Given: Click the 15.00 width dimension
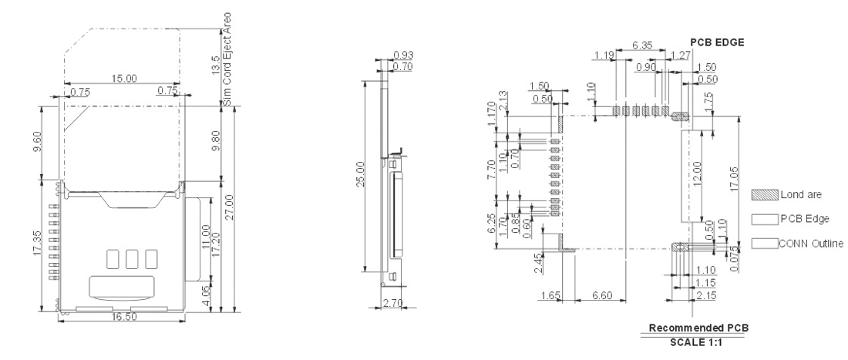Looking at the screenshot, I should click(x=124, y=79).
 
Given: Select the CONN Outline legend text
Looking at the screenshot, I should click(x=809, y=244).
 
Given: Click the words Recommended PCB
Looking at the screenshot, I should click(x=698, y=328).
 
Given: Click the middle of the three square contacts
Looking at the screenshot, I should click(x=131, y=257).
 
